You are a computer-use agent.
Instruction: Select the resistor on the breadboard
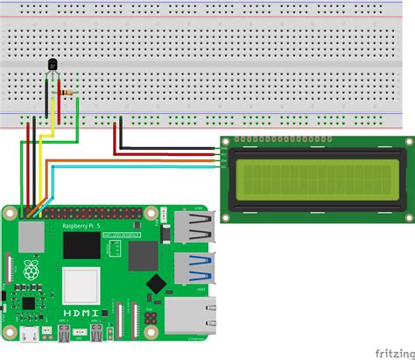[x=67, y=91]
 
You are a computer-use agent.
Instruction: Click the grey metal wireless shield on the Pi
[x=32, y=235]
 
